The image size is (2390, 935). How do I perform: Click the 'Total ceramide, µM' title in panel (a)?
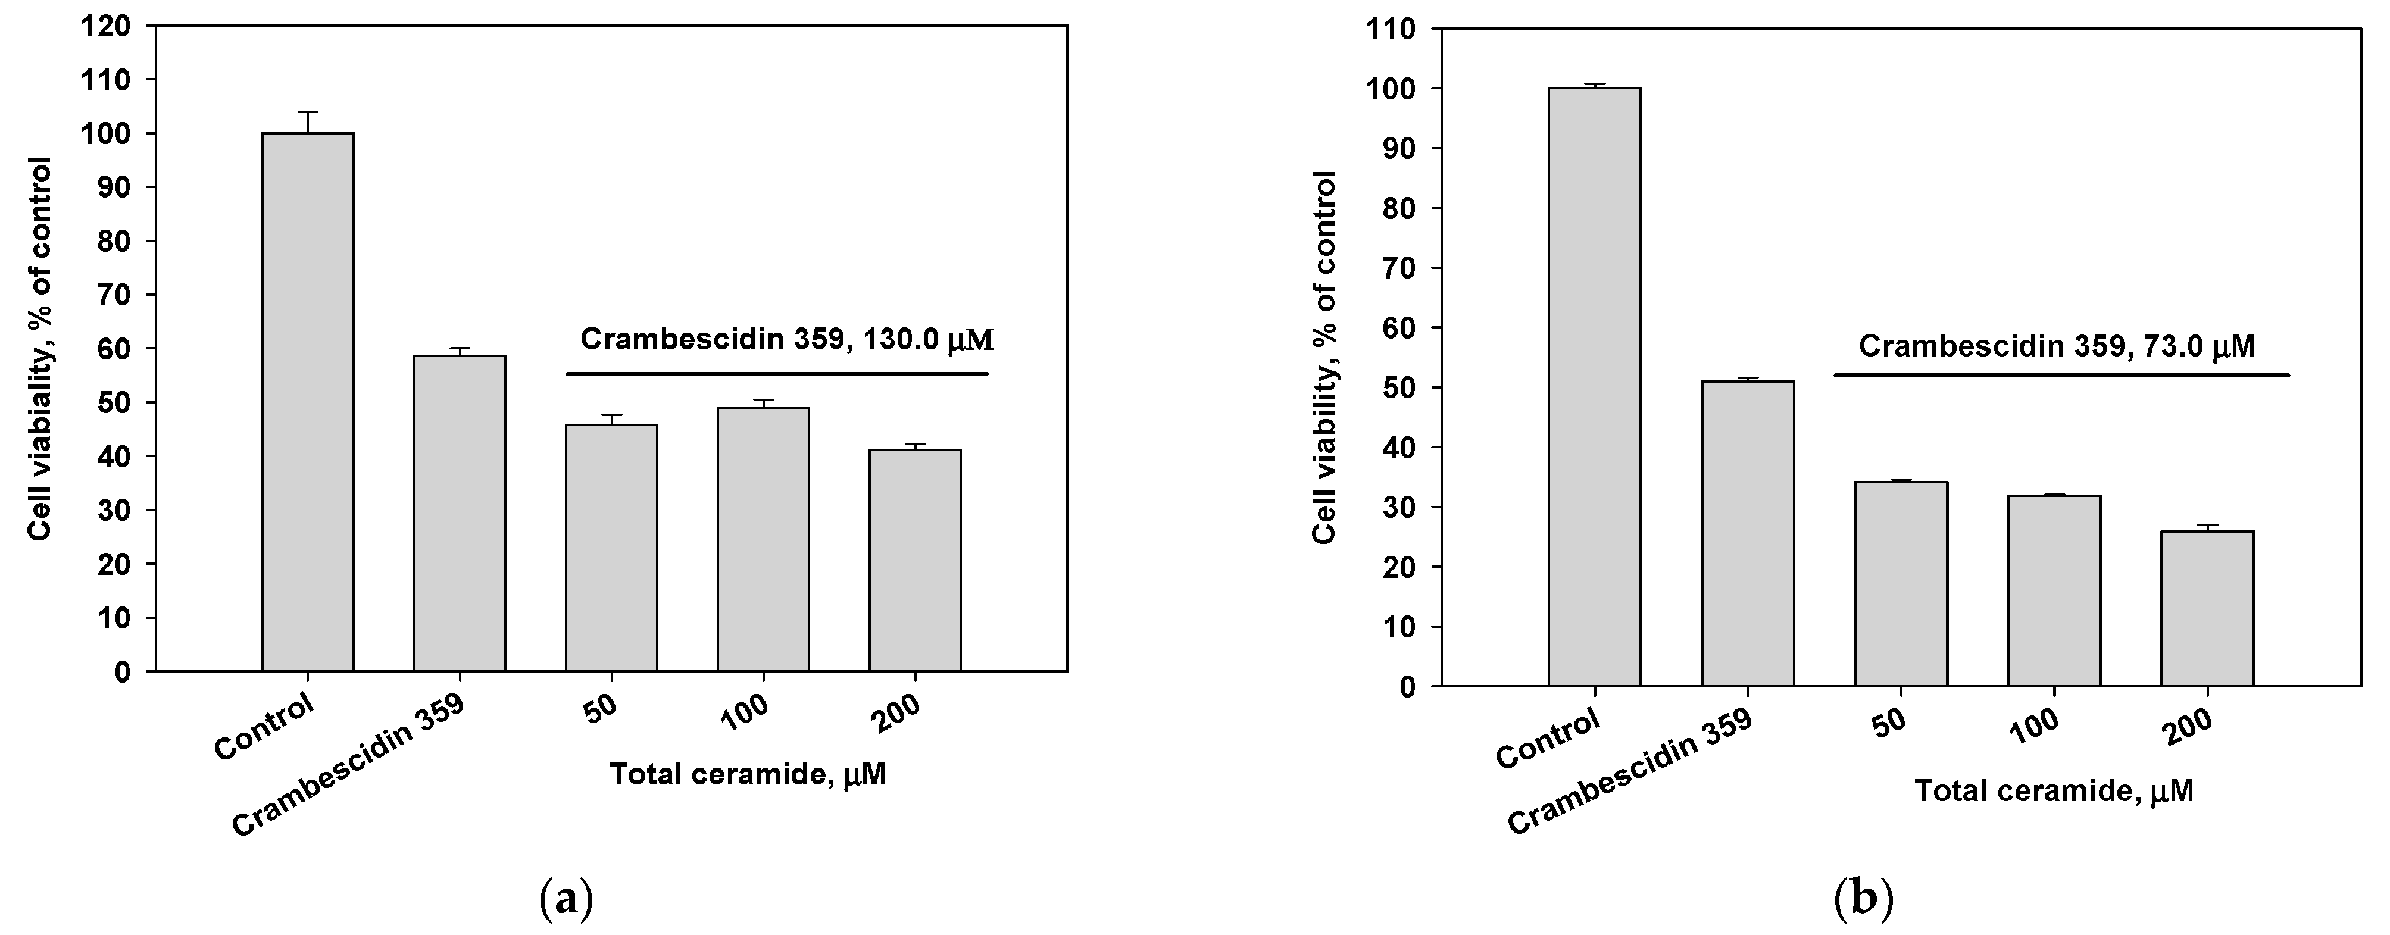tap(748, 774)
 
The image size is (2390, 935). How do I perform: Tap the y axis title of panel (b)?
tap(1325, 357)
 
